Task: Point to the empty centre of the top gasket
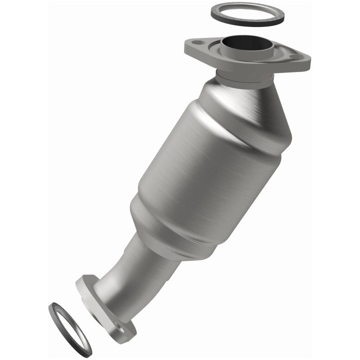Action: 247,13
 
